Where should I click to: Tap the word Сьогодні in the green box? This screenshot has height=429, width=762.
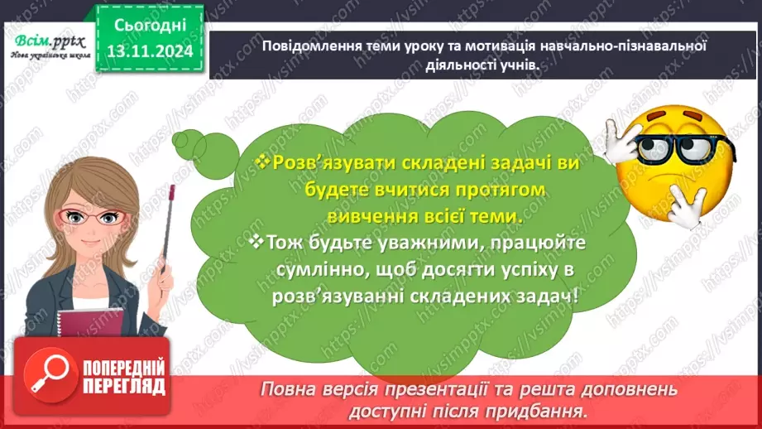150,26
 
